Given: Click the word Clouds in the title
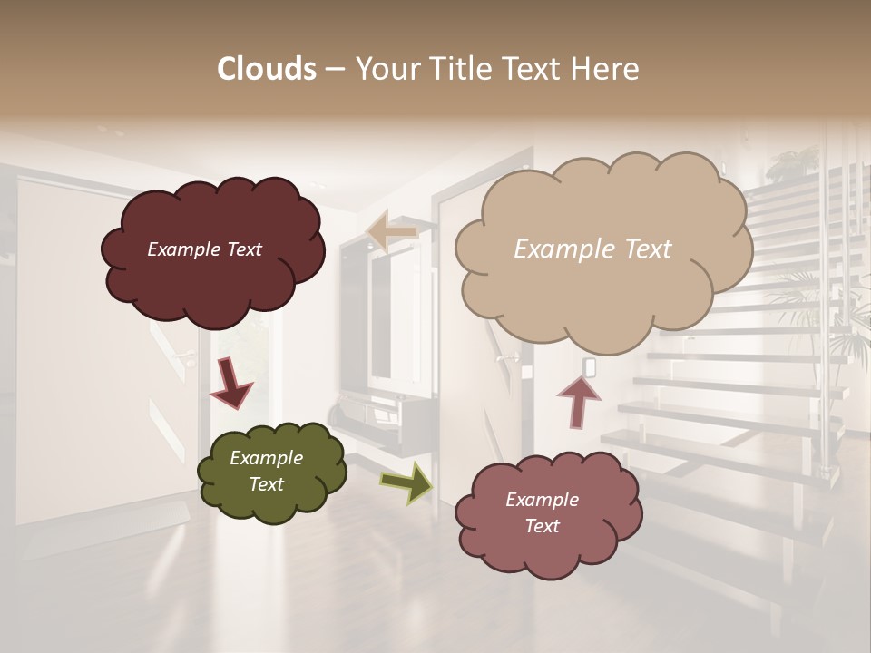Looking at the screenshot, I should click(267, 69).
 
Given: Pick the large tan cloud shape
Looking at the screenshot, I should click(603, 249).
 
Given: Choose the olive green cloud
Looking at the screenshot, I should click(272, 472).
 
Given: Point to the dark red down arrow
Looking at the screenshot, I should click(230, 384).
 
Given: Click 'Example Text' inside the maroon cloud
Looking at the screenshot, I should click(204, 249).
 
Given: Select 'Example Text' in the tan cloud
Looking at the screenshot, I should click(592, 249).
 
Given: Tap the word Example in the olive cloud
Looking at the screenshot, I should click(266, 458).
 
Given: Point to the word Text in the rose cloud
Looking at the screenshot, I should click(542, 526).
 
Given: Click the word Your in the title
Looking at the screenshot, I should click(382, 69).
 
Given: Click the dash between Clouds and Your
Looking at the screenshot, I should click(335, 69).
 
